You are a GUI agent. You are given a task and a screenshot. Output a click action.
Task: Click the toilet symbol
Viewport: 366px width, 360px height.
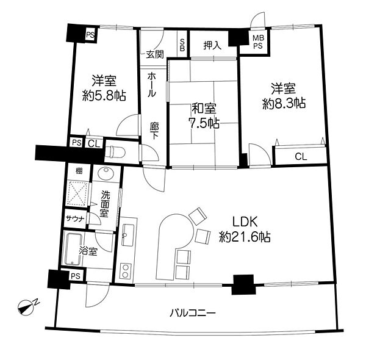(115, 152)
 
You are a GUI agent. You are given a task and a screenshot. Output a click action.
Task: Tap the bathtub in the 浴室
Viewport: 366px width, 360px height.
(73, 248)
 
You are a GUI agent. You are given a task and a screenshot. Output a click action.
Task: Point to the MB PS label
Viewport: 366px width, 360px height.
(258, 41)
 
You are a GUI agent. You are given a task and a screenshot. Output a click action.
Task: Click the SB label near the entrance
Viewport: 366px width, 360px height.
(182, 45)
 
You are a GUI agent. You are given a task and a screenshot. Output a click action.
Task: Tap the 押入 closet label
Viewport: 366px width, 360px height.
(212, 46)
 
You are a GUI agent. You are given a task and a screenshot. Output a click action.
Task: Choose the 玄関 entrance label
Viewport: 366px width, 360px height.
(155, 54)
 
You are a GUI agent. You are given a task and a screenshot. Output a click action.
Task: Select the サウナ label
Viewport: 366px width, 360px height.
(74, 219)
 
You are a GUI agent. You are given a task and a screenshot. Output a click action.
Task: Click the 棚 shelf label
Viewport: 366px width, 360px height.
(79, 171)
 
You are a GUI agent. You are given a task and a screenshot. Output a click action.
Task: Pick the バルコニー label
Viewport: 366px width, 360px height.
(193, 313)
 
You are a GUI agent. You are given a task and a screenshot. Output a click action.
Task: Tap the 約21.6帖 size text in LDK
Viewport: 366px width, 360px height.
(245, 237)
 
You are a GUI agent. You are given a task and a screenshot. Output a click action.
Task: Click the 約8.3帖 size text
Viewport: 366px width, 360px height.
(284, 103)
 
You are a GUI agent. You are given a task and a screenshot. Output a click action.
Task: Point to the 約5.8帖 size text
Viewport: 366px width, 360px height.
(104, 95)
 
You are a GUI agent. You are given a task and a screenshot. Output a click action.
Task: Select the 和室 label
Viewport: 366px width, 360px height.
(204, 109)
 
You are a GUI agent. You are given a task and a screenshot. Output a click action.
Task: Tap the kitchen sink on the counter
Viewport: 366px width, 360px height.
(128, 234)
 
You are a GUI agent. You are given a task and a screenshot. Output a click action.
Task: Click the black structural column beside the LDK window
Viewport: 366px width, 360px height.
(243, 284)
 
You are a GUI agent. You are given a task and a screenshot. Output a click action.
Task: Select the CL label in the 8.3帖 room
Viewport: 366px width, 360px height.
(301, 157)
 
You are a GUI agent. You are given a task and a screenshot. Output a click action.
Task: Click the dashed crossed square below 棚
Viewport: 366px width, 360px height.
(78, 193)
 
